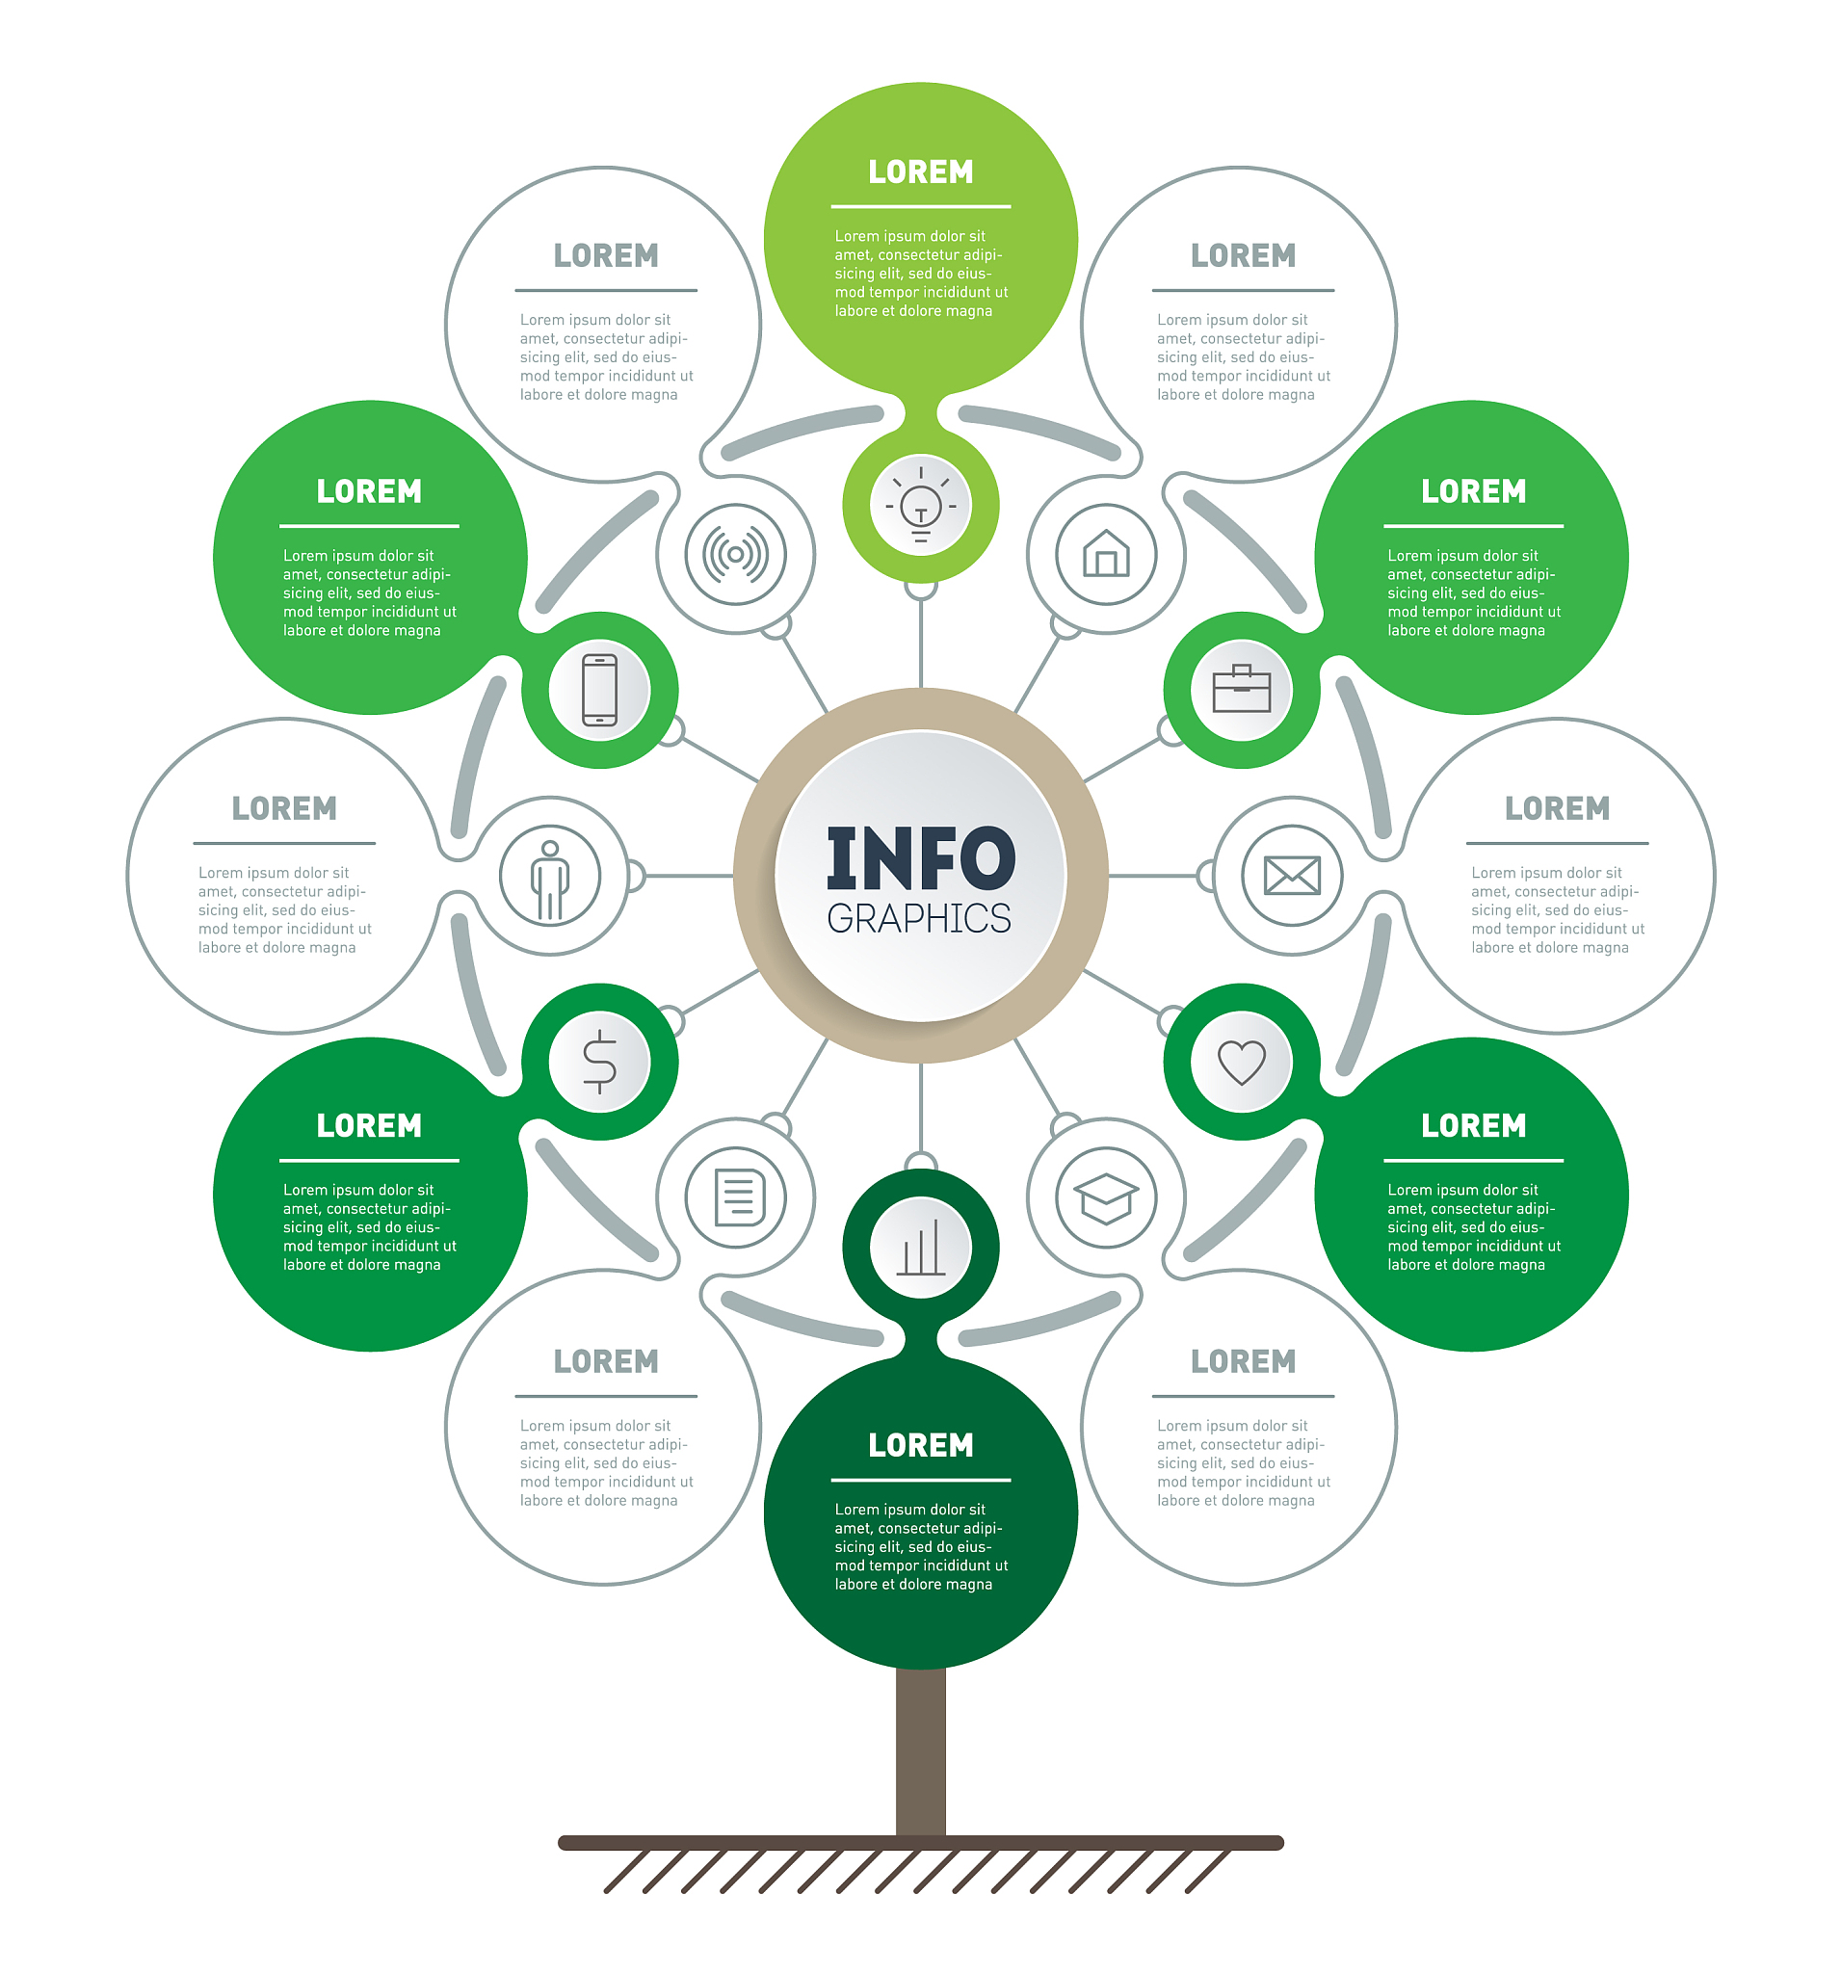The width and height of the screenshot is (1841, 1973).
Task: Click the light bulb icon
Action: click(920, 505)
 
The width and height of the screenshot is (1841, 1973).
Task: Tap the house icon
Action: click(1106, 554)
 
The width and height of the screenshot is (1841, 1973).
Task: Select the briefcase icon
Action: click(1241, 689)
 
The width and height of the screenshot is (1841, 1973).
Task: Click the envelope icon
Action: click(1291, 876)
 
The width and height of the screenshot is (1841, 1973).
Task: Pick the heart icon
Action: click(1241, 1061)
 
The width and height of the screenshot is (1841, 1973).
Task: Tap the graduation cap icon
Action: click(1106, 1197)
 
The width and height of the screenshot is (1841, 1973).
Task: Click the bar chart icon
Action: click(920, 1248)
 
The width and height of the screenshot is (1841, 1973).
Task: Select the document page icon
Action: click(735, 1197)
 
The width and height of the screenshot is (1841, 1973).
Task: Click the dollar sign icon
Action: click(599, 1061)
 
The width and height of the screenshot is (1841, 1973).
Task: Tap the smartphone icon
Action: click(599, 689)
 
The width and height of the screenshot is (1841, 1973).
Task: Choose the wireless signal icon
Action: click(735, 554)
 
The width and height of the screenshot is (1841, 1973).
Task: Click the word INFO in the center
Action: click(920, 857)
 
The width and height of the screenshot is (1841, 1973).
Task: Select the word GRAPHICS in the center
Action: click(919, 919)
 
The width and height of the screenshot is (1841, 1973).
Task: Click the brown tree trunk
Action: click(920, 1751)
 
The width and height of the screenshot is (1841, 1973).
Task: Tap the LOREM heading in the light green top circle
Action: click(920, 171)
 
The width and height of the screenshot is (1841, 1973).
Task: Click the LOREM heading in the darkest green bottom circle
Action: click(920, 1445)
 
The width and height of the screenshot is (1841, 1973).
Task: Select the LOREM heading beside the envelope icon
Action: click(1556, 808)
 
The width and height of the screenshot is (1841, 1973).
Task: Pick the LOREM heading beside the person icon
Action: click(284, 808)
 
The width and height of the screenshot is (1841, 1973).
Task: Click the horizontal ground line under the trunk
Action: click(920, 1843)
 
